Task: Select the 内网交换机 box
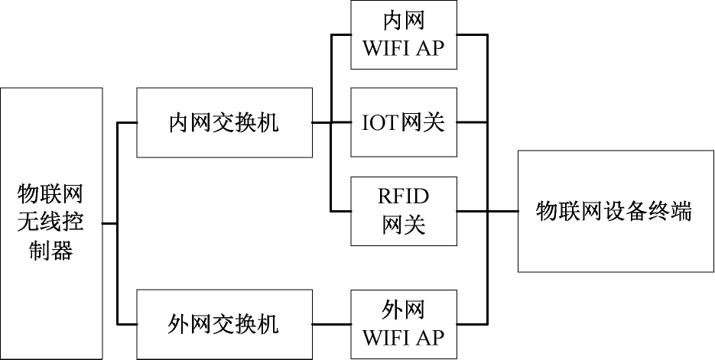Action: [224, 123]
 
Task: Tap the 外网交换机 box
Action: [224, 324]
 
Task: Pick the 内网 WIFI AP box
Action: [403, 35]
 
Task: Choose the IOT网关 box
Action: [403, 123]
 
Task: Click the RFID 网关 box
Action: [403, 210]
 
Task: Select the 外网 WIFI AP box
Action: [403, 324]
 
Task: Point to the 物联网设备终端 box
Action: [615, 211]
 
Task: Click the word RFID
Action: [403, 196]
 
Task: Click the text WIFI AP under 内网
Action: [403, 48]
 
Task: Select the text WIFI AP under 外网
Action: [403, 337]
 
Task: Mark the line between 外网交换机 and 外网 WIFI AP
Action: [331, 324]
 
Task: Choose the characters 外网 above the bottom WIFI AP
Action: [403, 310]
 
